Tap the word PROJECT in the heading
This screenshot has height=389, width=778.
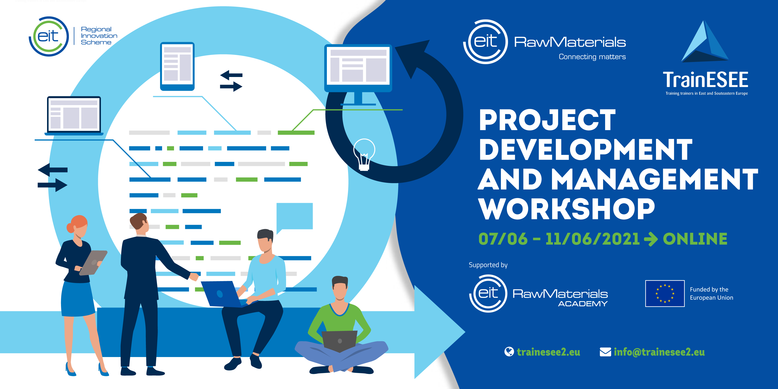click(x=547, y=120)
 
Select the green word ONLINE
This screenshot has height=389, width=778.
click(x=695, y=239)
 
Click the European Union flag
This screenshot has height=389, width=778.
click(x=665, y=293)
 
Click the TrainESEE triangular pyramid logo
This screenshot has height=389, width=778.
click(x=705, y=42)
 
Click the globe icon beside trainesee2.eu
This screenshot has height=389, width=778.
click(x=509, y=352)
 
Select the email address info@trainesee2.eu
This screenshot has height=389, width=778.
click(x=659, y=352)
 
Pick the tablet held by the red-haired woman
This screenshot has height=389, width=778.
click(x=94, y=262)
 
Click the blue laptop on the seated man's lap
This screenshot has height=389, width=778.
click(x=222, y=294)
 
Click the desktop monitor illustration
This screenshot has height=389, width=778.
click(x=358, y=68)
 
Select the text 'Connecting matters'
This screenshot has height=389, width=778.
click(x=592, y=57)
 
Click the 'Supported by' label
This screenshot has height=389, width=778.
click(x=488, y=265)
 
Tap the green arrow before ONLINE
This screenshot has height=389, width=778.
click(x=651, y=239)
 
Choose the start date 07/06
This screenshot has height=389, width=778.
click(x=503, y=239)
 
